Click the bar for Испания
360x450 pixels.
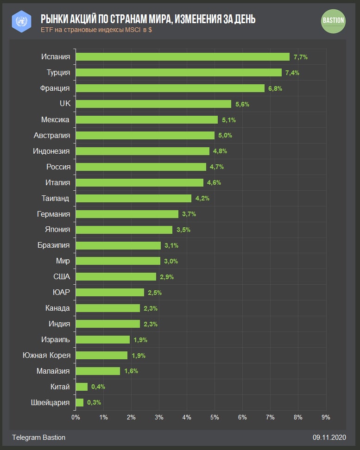click(183, 57)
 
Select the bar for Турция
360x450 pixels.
click(179, 73)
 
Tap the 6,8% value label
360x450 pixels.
click(275, 88)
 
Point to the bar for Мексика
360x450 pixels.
click(146, 120)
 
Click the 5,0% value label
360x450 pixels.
click(225, 136)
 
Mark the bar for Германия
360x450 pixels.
click(127, 214)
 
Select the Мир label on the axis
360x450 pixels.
click(63, 261)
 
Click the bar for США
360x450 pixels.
click(116, 277)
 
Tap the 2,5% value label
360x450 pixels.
click(155, 293)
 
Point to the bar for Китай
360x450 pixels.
click(82, 387)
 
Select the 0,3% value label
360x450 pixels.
click(94, 402)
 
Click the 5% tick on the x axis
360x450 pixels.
click(215, 417)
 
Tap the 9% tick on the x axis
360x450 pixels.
click(326, 417)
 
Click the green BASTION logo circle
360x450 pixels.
click(333, 21)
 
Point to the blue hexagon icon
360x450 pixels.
click(21, 21)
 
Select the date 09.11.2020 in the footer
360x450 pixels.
click(329, 437)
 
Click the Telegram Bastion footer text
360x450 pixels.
click(39, 437)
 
